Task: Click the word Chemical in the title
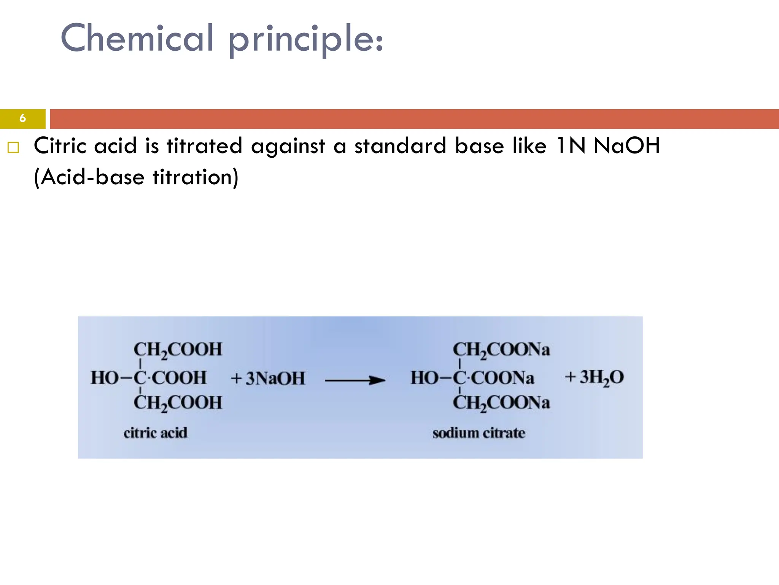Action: coord(137,38)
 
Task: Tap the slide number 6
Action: coord(22,118)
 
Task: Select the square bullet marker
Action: coord(13,147)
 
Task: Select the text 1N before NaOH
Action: coord(570,146)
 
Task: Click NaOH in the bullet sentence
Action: coord(626,146)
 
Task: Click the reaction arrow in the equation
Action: coord(355,380)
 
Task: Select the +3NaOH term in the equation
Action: coord(268,378)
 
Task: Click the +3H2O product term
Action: coord(595,377)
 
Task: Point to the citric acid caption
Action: coord(155,433)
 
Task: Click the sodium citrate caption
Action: coord(479,433)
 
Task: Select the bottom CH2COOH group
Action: coord(178,403)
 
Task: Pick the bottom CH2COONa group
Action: coord(501,403)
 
